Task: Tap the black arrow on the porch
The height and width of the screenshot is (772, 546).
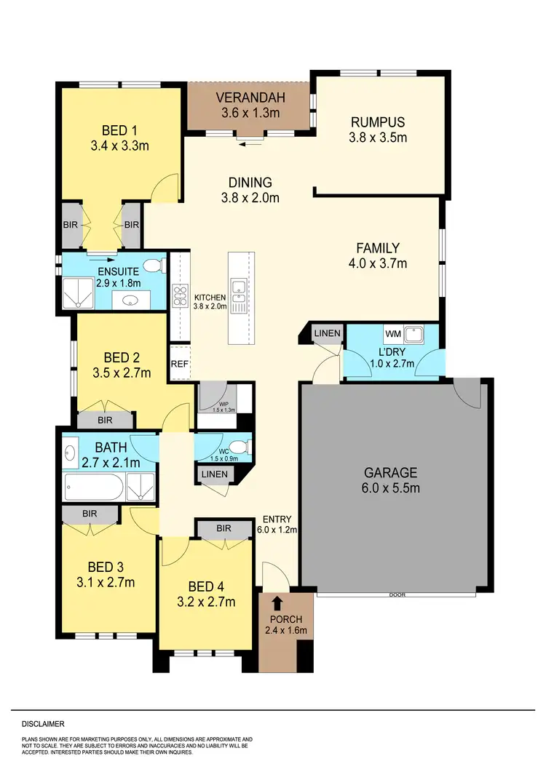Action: tap(277, 602)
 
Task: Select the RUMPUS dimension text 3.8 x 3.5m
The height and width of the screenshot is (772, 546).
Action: tap(377, 137)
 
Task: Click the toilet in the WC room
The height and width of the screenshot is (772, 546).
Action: tap(234, 446)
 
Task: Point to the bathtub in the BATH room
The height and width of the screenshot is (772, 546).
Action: tap(92, 487)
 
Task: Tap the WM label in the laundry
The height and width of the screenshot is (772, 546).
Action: tap(393, 334)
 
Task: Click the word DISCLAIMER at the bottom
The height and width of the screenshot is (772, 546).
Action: tap(43, 724)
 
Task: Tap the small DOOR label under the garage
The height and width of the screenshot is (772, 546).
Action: tap(397, 594)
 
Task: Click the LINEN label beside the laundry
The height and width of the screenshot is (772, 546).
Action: tap(325, 333)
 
